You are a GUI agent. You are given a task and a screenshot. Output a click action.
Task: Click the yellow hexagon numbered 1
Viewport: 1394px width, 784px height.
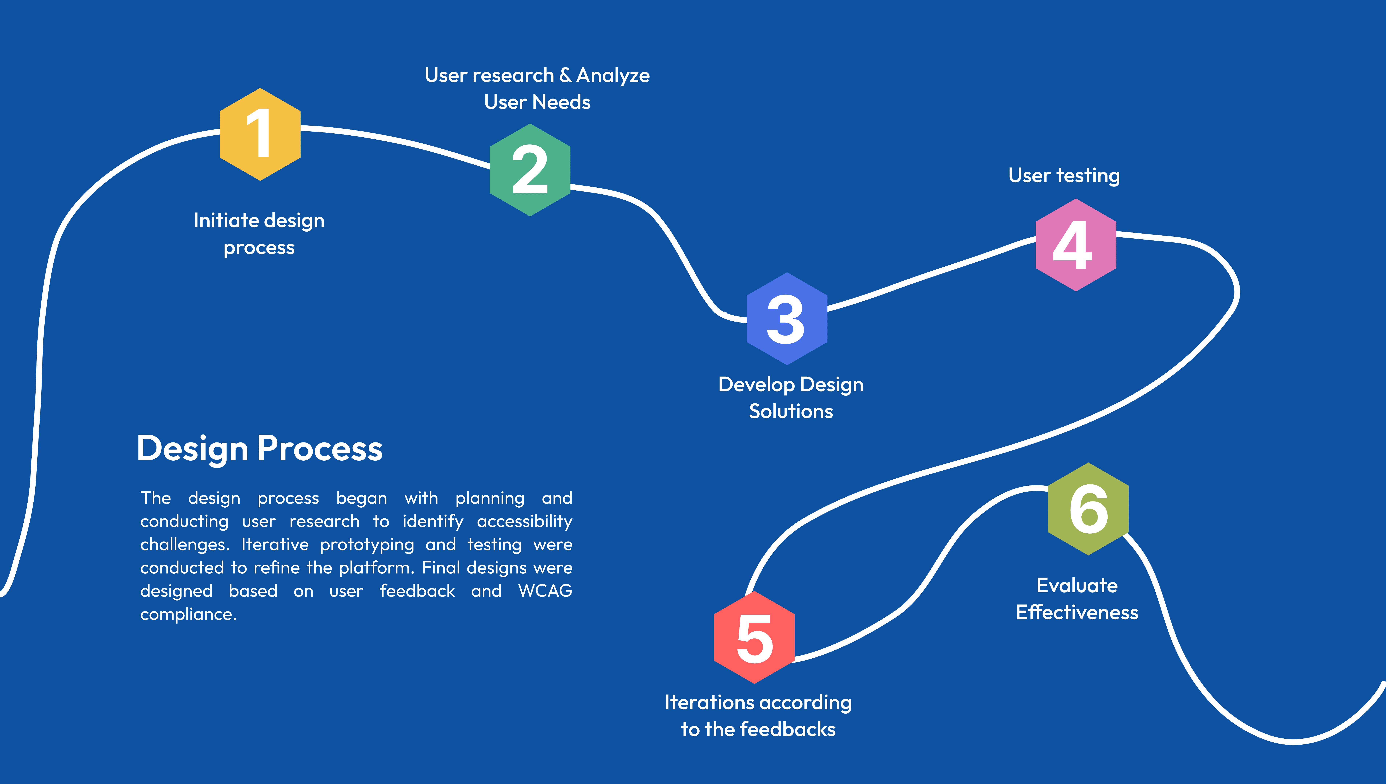(260, 134)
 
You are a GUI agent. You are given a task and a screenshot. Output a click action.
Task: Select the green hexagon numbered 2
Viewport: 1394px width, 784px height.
(530, 170)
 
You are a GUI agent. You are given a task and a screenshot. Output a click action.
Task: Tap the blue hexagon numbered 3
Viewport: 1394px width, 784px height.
(787, 319)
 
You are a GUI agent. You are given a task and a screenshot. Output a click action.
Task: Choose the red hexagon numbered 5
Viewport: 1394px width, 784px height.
(754, 637)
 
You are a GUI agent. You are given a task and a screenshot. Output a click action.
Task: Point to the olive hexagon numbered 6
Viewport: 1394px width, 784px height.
(1088, 509)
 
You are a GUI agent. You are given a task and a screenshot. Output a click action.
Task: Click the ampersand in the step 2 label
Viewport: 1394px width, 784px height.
(565, 75)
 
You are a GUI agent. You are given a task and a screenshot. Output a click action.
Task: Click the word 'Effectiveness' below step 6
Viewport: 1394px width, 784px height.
(1077, 612)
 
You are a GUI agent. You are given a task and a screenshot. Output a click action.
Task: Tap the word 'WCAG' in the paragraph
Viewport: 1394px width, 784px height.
(545, 591)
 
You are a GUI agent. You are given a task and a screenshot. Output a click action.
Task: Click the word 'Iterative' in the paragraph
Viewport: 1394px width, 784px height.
(275, 544)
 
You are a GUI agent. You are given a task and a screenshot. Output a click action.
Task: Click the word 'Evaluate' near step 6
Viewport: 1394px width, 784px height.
(1077, 585)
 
